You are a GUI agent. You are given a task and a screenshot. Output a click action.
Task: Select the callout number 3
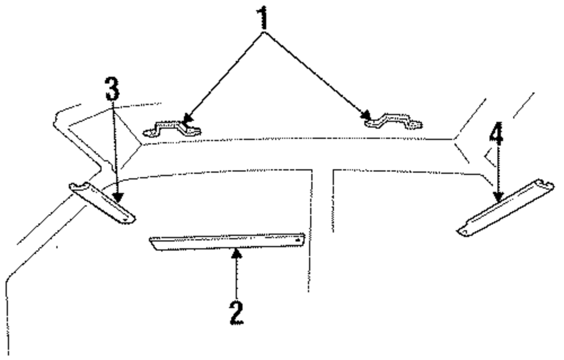click(x=112, y=89)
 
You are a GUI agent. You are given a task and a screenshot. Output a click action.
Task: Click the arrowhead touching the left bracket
click(x=186, y=120)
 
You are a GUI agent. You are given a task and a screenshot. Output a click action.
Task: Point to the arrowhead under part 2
click(x=237, y=253)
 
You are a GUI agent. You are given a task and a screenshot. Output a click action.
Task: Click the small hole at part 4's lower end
click(x=464, y=231)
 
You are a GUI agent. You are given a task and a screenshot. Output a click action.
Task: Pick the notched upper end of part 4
click(x=545, y=185)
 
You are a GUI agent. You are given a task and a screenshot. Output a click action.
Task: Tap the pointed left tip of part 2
click(x=151, y=240)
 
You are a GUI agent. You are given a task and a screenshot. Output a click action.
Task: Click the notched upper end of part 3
click(x=76, y=188)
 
